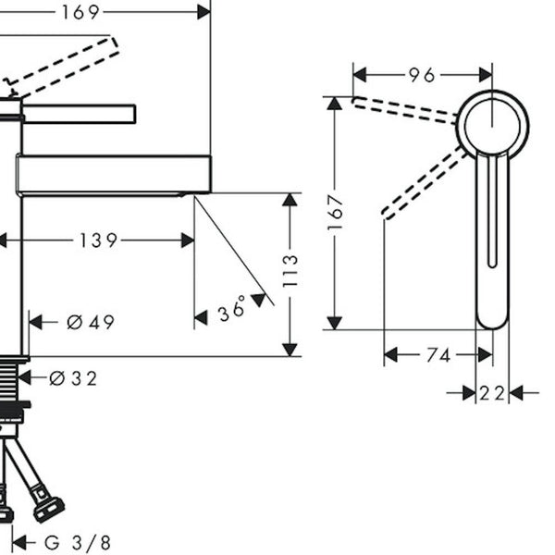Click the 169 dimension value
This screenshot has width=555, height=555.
click(80, 12)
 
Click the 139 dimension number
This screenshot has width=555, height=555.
click(98, 240)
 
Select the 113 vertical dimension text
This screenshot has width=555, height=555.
click(290, 270)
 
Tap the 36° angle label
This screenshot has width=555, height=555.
click(232, 308)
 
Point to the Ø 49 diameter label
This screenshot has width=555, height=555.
click(91, 322)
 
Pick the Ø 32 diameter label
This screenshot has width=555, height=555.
click(73, 378)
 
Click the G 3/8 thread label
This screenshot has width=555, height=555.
click(78, 542)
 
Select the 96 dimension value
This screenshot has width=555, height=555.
click(422, 75)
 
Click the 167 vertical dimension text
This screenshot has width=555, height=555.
click(335, 213)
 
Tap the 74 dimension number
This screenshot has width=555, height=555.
click(438, 355)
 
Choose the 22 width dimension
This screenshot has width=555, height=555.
click(492, 393)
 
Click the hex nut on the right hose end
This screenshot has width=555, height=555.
click(49, 509)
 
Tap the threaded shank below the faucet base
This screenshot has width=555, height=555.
click(9, 377)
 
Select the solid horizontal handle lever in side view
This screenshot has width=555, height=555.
click(79, 114)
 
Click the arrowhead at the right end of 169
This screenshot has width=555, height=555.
click(203, 12)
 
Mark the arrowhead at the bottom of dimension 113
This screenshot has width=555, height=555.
click(290, 350)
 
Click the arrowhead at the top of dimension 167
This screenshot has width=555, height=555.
click(335, 104)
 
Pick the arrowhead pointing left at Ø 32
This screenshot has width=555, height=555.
click(24, 378)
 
